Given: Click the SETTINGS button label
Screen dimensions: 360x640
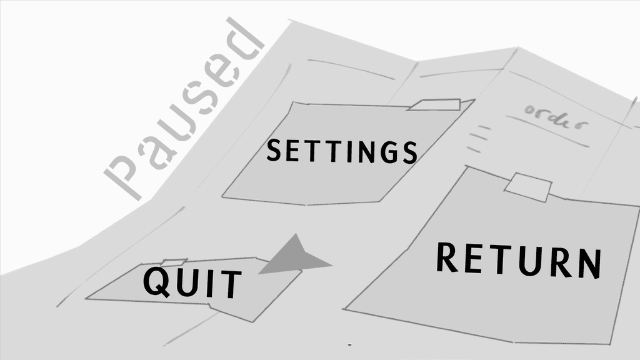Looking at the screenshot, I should (x=342, y=151).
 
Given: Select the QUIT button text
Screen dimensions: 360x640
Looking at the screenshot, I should (x=192, y=282).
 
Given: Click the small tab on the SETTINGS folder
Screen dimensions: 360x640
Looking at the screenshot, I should (x=435, y=104).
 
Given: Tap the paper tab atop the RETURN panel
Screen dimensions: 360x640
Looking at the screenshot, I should (x=528, y=187).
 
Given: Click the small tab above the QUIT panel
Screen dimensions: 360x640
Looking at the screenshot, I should (x=174, y=262).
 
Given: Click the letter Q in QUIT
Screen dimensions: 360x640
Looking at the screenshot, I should (x=156, y=281).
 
